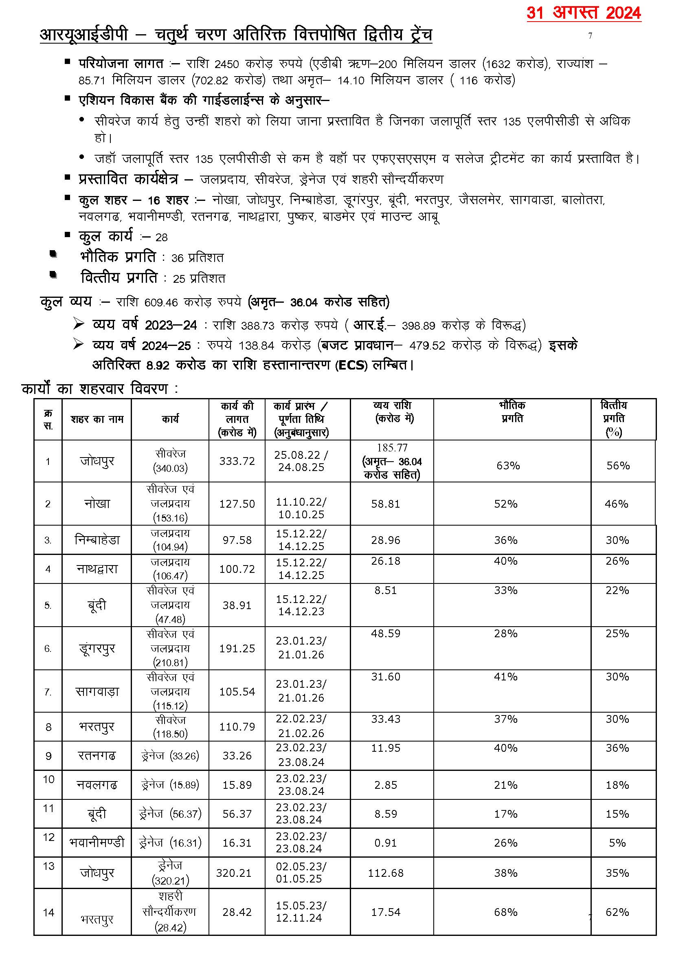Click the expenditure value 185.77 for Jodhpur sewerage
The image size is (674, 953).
pos(392,448)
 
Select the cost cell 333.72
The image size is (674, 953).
pos(237,461)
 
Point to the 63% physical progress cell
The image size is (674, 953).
pos(508,465)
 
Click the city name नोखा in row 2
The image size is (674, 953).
pos(97,504)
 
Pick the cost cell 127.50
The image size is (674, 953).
pos(237,504)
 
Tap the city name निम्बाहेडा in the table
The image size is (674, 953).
pos(97,540)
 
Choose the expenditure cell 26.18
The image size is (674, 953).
pos(386,561)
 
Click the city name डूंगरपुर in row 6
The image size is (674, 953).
pos(97,648)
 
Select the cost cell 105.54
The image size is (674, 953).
pos(237,691)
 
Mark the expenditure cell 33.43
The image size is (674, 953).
pos(386,719)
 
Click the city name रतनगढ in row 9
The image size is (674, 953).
pos(97,755)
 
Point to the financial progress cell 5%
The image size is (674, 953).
pos(617,843)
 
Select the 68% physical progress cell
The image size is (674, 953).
pos(505,912)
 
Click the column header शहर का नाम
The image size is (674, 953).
pos(97,419)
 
